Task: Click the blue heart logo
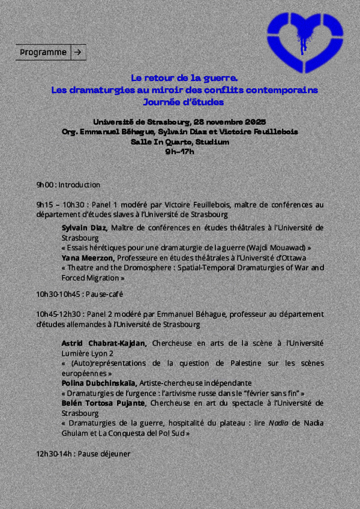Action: tap(305, 39)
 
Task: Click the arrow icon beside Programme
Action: tap(79, 52)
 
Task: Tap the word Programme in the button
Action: tap(43, 52)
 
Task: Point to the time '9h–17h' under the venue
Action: tap(179, 151)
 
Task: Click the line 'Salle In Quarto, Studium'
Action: tap(179, 142)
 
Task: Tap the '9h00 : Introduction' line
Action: tap(68, 185)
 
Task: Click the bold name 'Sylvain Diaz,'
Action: tap(84, 227)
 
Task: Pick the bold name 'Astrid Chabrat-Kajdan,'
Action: tap(104, 343)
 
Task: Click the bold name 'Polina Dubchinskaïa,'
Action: tap(99, 383)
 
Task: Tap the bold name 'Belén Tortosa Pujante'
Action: tap(103, 403)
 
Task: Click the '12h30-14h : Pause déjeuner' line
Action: tap(83, 454)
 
